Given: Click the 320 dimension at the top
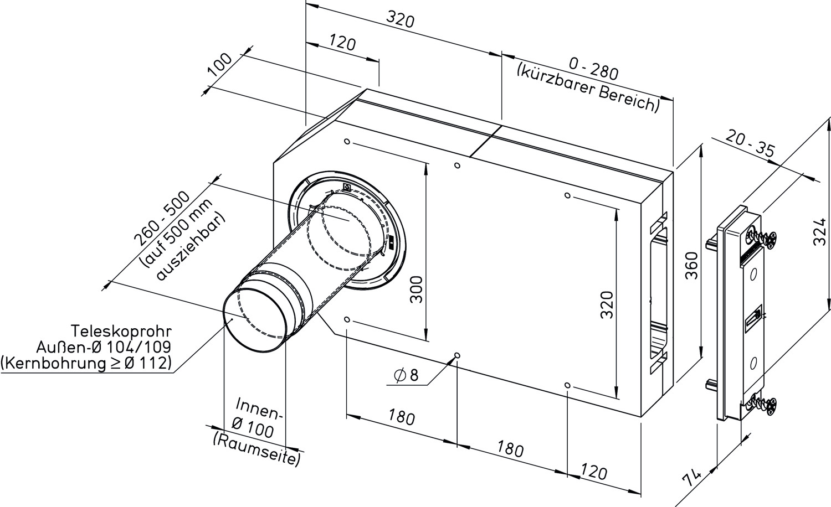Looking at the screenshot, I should (x=400, y=20).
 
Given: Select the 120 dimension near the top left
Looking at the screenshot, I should (x=342, y=43).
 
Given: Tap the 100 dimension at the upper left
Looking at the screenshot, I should (x=220, y=64).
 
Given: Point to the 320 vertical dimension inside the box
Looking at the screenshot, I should (x=607, y=304).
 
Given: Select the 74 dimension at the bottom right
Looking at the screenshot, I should (x=691, y=479).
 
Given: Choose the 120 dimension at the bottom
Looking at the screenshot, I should (x=594, y=472).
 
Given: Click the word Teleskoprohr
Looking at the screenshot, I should (x=121, y=331).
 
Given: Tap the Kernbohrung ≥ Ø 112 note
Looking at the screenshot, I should (x=86, y=363).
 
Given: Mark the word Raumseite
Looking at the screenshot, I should (x=257, y=449).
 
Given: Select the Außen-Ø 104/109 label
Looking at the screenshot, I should (x=104, y=346).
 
